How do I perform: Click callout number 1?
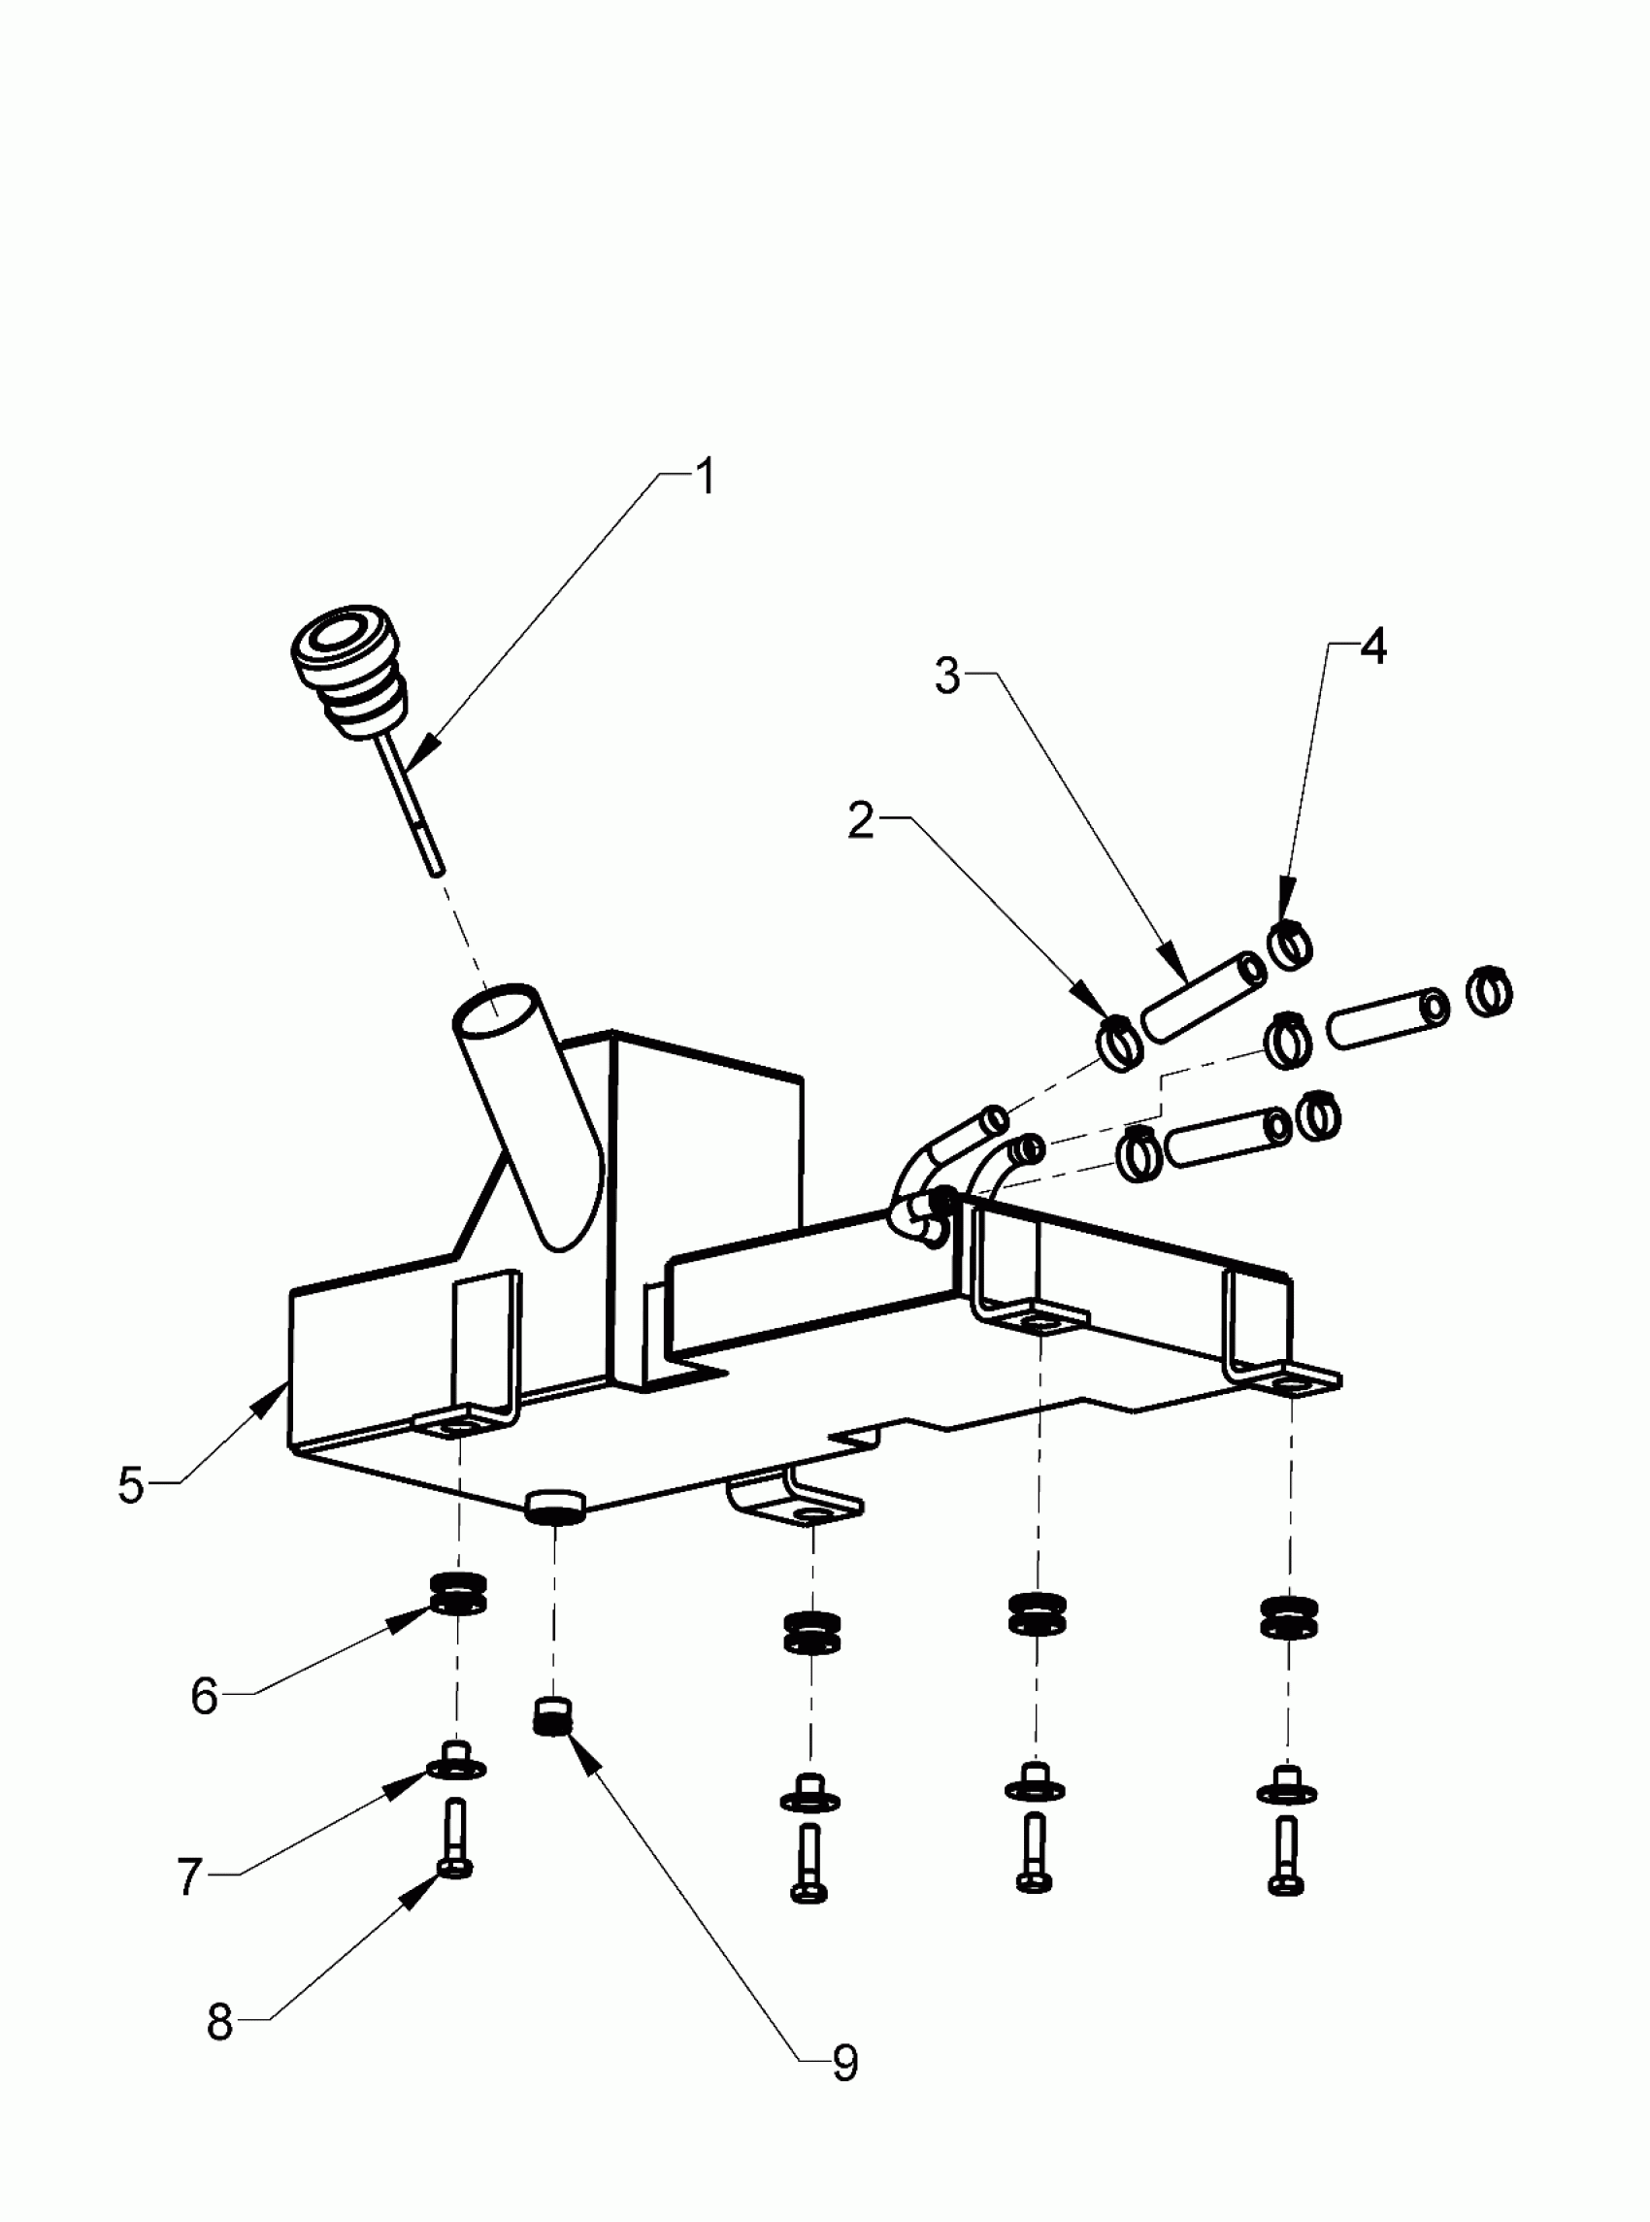[706, 478]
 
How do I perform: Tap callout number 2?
[859, 821]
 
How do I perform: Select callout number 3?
[946, 676]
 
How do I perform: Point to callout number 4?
[1373, 647]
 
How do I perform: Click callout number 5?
[131, 1485]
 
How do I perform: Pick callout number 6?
[204, 1696]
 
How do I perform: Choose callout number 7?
[190, 1876]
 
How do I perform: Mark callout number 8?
[218, 2022]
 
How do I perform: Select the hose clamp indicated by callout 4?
[1290, 944]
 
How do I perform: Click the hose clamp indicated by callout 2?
[1120, 1043]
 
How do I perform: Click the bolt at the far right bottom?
[1286, 1856]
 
